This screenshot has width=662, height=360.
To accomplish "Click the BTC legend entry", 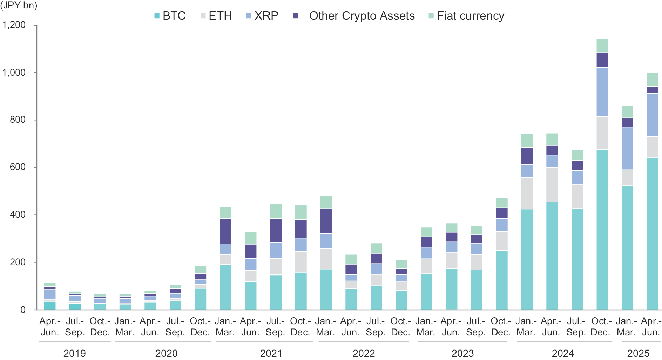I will [170, 16].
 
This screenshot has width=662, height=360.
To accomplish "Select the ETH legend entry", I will [216, 16].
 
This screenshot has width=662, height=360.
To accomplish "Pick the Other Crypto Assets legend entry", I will [354, 16].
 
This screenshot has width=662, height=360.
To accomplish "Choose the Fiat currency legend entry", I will [466, 16].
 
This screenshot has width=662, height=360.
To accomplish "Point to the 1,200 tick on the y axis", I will [14, 25].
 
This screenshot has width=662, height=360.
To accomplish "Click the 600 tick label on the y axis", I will [18, 167].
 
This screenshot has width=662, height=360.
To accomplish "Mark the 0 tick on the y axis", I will [23, 310].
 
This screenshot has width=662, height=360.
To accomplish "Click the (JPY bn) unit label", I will [19, 6].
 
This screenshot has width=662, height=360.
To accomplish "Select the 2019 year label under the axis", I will [74, 353].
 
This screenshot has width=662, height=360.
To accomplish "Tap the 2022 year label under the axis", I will [364, 353].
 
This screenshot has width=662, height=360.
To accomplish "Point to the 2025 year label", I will [638, 353].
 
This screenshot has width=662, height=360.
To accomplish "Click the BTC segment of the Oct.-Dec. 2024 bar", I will [602, 230].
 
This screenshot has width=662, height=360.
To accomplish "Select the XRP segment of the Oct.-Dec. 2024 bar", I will [602, 92].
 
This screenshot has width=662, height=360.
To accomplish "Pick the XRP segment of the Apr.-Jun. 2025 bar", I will [652, 115].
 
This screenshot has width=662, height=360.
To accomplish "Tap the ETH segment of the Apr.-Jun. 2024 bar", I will [552, 185].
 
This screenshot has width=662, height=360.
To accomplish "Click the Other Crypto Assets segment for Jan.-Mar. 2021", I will [225, 231].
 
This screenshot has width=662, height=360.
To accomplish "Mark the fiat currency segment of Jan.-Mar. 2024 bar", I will [527, 141].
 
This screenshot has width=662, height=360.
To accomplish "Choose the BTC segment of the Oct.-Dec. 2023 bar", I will [502, 280].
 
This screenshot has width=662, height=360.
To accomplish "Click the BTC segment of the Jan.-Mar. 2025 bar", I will [627, 247].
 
